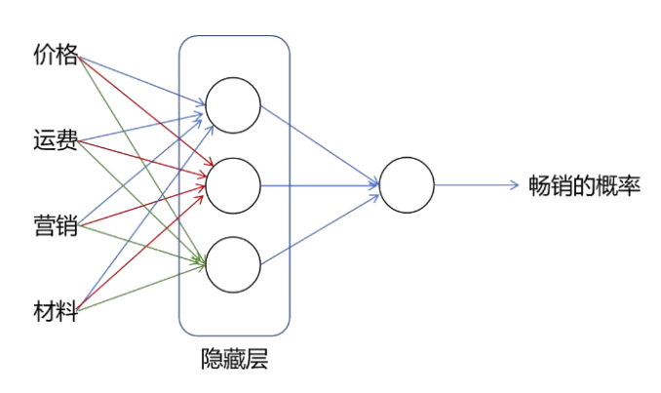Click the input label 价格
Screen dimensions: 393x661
tap(56, 55)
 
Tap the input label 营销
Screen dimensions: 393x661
tap(56, 227)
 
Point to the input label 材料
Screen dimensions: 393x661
tap(56, 312)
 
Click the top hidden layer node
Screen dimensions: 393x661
tap(233, 104)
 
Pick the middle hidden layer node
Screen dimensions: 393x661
tap(233, 184)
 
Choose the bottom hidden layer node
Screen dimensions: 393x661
tap(233, 264)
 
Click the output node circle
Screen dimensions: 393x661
tap(407, 184)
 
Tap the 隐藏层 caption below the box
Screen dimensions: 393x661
tap(233, 360)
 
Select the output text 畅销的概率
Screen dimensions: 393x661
tap(584, 184)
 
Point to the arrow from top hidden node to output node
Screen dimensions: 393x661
tap(320, 143)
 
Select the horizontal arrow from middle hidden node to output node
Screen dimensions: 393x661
tap(320, 184)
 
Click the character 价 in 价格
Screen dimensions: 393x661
tap(44, 55)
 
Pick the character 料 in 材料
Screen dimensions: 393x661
tap(67, 312)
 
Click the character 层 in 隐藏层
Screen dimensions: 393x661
tap(256, 360)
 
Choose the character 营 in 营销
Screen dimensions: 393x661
tap(44, 227)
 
